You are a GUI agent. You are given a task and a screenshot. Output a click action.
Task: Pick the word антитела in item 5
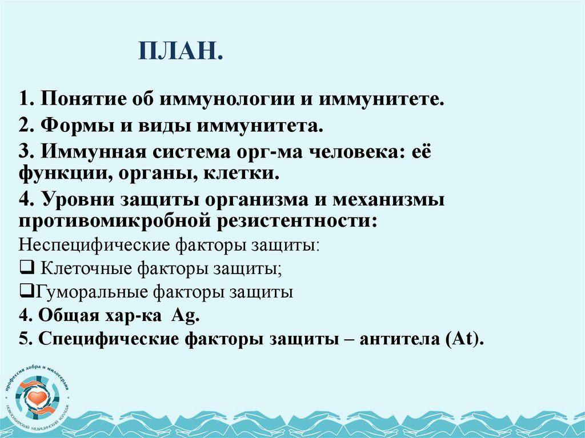[401, 339]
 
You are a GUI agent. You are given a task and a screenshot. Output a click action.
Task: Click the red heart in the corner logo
[38, 396]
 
